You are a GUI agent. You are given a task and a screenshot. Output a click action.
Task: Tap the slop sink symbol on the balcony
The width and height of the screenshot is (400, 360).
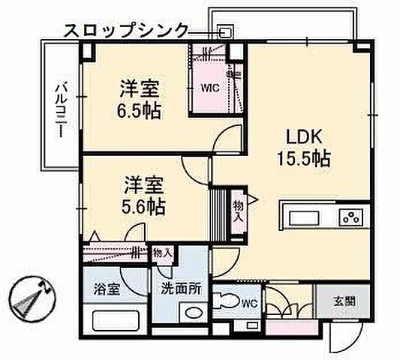[x=224, y=31]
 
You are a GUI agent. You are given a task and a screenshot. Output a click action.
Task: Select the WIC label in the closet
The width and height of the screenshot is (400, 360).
[x=209, y=87]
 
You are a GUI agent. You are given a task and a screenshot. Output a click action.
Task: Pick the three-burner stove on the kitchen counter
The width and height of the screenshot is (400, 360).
[x=350, y=219]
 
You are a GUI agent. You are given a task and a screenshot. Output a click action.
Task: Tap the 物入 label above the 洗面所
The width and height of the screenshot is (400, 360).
[x=162, y=254]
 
